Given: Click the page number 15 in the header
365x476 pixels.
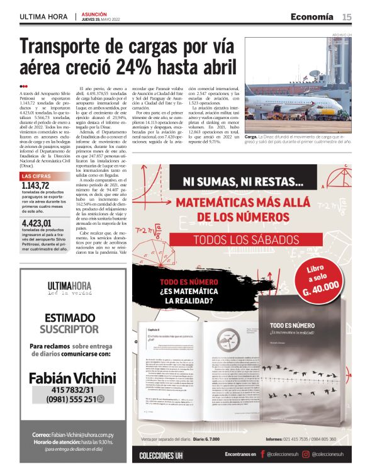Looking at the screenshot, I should (x=347, y=16).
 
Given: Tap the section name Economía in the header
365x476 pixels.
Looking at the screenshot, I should (x=312, y=16).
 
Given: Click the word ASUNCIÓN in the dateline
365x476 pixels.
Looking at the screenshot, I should (x=94, y=13).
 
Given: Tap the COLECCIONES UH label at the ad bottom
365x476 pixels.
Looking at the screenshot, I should (x=161, y=455).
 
